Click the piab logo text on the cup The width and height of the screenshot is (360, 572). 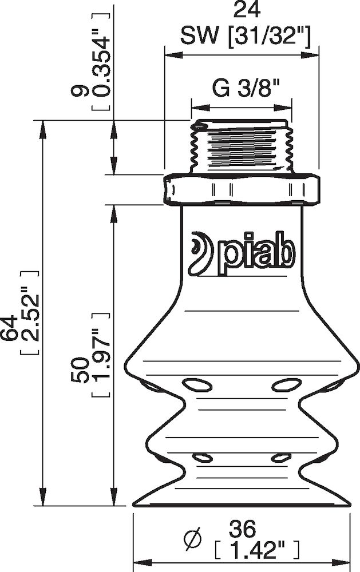pyautogui.click(x=256, y=255)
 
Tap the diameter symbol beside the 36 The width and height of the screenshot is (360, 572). pyautogui.click(x=193, y=538)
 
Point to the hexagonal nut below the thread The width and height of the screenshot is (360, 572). pyautogui.click(x=241, y=189)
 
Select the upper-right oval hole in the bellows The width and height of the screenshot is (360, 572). pyautogui.click(x=286, y=384)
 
